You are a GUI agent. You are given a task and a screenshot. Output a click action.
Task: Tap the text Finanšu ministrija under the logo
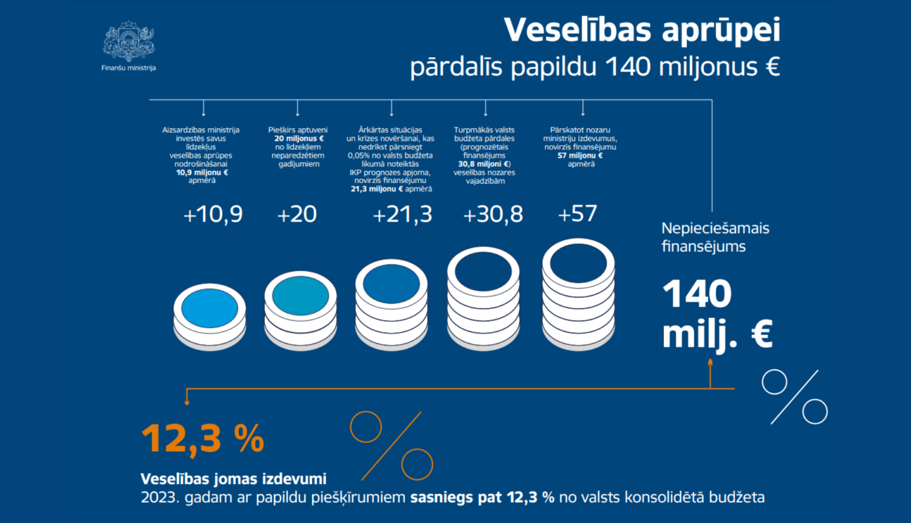129,68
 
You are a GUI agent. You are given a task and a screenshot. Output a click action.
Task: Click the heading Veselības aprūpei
642,30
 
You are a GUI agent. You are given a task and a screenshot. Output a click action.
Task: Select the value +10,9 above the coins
213,215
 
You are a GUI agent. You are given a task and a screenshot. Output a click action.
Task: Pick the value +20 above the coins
297,215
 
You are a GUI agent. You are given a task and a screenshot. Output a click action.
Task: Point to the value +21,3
402,215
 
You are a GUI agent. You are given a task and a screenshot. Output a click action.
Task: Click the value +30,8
493,215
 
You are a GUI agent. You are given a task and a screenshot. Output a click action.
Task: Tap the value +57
578,214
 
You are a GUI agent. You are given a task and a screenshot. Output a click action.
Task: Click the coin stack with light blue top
210,316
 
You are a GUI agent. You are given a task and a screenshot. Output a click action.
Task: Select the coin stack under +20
301,310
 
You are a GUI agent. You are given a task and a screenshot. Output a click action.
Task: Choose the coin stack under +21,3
391,304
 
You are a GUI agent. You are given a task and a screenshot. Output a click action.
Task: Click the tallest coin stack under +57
578,295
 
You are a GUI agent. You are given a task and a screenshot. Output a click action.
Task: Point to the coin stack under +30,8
483,298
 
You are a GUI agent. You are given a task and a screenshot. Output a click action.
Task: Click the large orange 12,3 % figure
203,438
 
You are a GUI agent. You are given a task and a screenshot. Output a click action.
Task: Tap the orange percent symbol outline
392,446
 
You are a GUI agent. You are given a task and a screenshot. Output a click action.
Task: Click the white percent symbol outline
795,397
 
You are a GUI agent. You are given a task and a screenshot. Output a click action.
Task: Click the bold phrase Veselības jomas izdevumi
233,479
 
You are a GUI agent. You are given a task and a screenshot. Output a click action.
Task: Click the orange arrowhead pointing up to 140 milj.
710,363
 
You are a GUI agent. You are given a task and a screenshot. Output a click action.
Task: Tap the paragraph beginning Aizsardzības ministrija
201,155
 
